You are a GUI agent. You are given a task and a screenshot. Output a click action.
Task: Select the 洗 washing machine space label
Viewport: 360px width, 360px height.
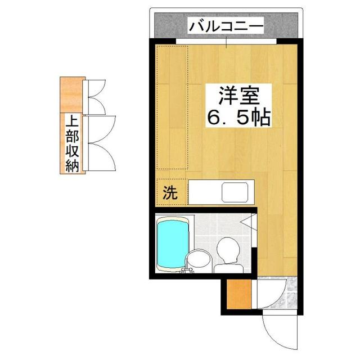(x=169, y=193)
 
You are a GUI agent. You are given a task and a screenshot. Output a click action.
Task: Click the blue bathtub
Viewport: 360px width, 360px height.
(x=174, y=243)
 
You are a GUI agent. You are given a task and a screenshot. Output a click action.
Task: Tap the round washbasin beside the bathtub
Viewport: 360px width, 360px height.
(x=197, y=260)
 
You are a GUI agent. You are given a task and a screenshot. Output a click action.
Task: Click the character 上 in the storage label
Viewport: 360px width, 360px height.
(x=71, y=122)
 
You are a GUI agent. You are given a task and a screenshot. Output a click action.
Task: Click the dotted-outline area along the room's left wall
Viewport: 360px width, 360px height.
(x=171, y=107)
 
